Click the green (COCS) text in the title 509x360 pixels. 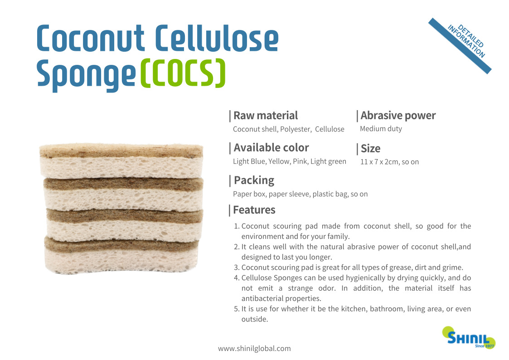[x=183, y=73]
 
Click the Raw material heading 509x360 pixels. [x=266, y=116]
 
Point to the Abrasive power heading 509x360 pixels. [x=398, y=116]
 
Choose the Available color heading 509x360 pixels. [x=271, y=148]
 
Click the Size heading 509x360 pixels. [x=370, y=149]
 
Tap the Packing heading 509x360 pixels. [x=254, y=180]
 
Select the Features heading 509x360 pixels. [x=254, y=210]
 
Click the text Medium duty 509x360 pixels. [x=381, y=129]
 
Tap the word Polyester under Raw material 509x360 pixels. [x=296, y=129]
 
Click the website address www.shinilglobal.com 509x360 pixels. [x=254, y=349]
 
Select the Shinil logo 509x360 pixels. [x=469, y=338]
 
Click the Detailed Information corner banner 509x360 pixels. [x=461, y=45]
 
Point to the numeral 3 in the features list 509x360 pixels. [x=236, y=268]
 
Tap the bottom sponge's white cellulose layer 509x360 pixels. [x=121, y=261]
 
